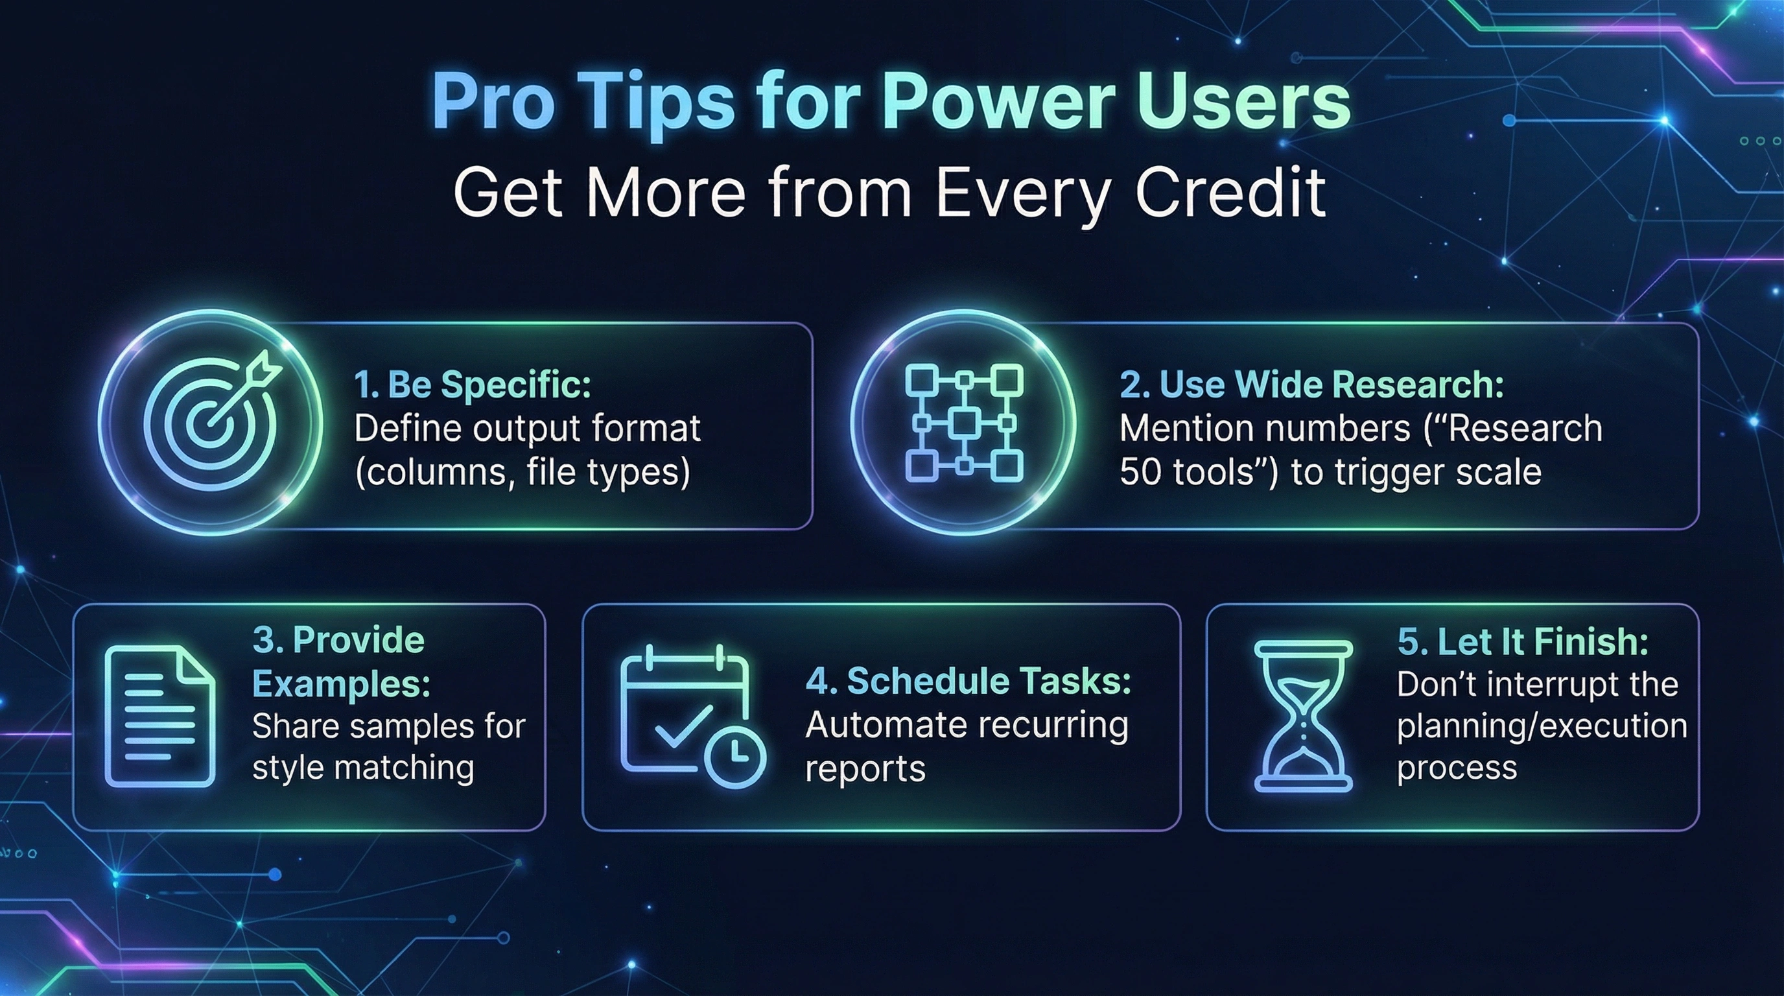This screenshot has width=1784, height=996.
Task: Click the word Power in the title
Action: tap(998, 102)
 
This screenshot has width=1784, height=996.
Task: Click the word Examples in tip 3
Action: tap(341, 684)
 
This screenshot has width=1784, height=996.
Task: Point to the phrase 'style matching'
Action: tap(363, 768)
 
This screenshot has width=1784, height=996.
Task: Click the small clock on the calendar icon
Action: tap(734, 756)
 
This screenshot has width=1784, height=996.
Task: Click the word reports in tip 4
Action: tap(865, 768)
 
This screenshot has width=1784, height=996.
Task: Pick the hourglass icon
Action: tap(1303, 715)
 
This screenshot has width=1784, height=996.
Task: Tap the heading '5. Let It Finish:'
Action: tap(1523, 641)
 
